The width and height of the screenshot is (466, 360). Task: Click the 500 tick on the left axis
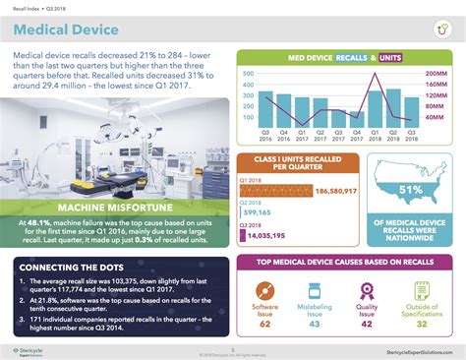tap(247, 74)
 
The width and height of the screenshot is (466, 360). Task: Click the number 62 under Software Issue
tap(266, 323)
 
